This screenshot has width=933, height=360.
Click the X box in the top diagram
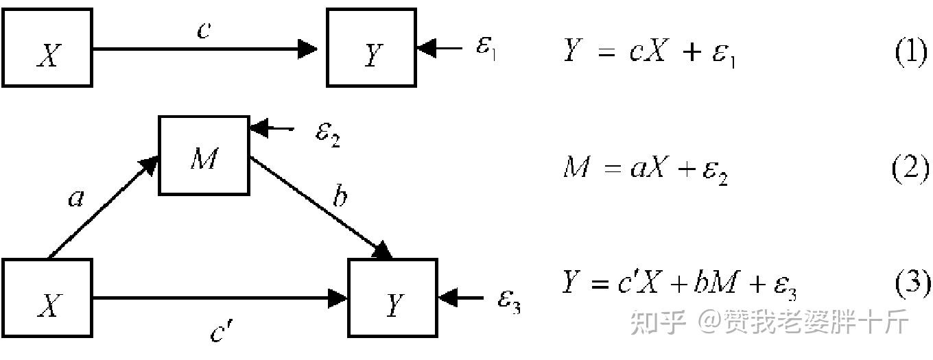pyautogui.click(x=47, y=48)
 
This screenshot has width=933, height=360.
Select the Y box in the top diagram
pyautogui.click(x=371, y=48)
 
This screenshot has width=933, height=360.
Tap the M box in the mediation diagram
pyautogui.click(x=204, y=155)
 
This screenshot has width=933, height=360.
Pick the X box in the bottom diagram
pyautogui.click(x=47, y=298)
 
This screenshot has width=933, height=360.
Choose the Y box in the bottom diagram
pyautogui.click(x=393, y=298)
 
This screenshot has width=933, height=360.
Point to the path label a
pyautogui.click(x=75, y=199)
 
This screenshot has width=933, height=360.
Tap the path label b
pyautogui.click(x=339, y=197)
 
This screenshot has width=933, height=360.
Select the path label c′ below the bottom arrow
pyautogui.click(x=222, y=332)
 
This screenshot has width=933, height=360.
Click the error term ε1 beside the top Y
pyautogui.click(x=486, y=49)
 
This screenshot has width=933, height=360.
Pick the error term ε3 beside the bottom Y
pyautogui.click(x=509, y=299)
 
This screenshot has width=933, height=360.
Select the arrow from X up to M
pyautogui.click(x=103, y=208)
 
